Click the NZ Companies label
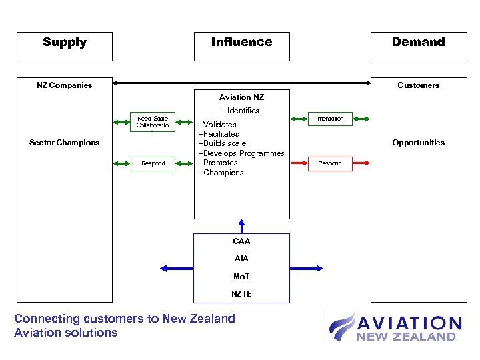pos(64,85)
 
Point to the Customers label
pos(418,85)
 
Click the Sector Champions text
pos(65,143)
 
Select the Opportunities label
pos(418,143)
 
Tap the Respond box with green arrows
pos(153,163)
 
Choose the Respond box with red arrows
pos(329,163)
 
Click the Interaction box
pos(329,119)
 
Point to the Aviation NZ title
pos(241,97)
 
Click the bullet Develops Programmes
pos(241,153)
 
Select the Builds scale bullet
pos(223,143)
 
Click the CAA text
pos(241,241)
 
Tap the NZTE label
pos(241,294)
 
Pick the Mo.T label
pos(241,277)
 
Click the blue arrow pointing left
pos(176,268)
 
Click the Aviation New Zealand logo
pos(395,328)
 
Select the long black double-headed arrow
pos(241,83)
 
